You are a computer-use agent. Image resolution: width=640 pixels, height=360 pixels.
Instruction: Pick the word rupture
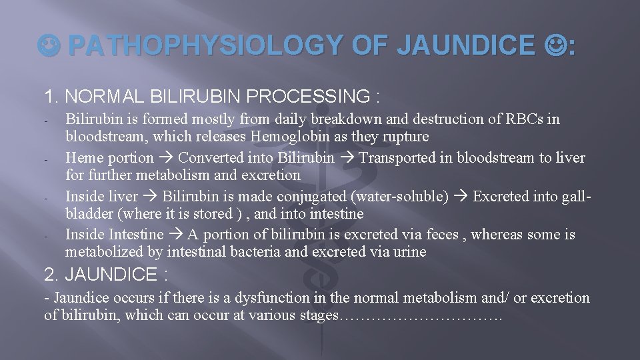(x=407, y=137)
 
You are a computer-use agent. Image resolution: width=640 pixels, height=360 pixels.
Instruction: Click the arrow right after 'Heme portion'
(x=166, y=158)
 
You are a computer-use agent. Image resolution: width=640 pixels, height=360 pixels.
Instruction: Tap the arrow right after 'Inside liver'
(x=150, y=197)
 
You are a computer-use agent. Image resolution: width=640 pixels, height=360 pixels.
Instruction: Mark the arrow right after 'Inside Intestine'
(x=175, y=235)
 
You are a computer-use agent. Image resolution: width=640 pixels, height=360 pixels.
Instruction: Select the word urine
(x=409, y=252)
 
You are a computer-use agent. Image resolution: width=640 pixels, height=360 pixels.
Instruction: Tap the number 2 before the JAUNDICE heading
(x=49, y=275)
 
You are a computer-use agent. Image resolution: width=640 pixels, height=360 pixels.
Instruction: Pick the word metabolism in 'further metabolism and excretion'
(x=161, y=175)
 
